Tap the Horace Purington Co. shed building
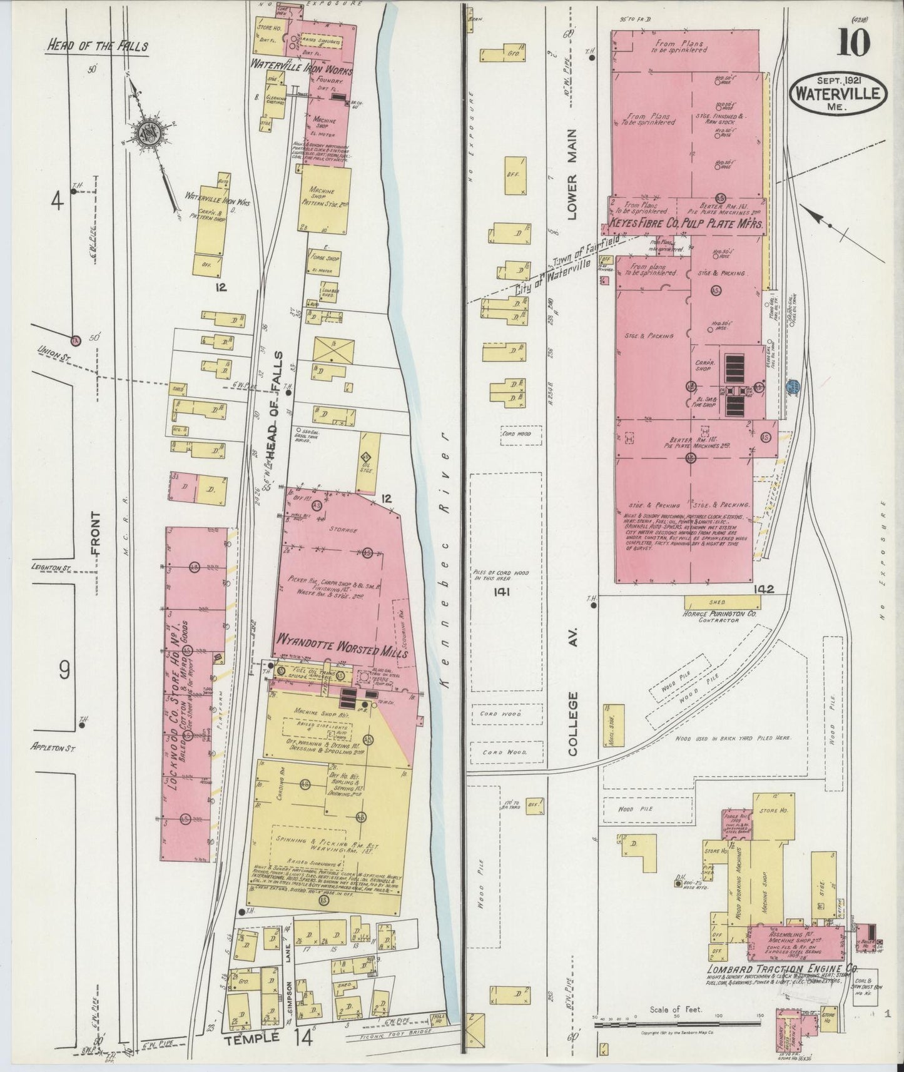point(723,602)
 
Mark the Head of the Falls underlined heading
point(96,46)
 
